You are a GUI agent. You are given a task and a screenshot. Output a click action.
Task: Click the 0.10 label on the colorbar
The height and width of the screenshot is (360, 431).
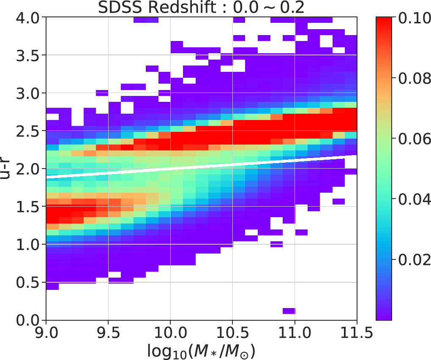click(x=412, y=18)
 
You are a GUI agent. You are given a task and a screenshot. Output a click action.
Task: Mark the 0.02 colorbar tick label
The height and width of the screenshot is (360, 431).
click(x=412, y=260)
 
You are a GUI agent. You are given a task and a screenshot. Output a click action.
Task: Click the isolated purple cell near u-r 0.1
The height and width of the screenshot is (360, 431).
click(x=289, y=311)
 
